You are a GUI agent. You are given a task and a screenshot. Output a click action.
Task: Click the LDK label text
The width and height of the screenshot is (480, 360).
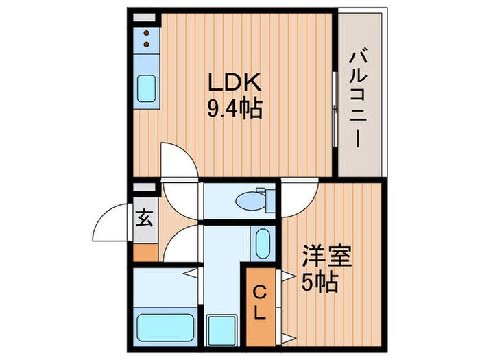[x=234, y=83]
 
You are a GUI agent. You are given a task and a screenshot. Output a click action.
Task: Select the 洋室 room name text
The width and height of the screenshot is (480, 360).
[x=328, y=258]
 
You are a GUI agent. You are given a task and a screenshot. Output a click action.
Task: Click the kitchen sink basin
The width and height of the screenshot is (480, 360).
[x=147, y=88]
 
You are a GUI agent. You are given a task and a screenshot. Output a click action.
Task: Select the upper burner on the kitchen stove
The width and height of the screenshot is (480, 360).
[x=146, y=34]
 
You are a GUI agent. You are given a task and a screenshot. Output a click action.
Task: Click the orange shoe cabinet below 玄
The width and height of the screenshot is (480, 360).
[x=145, y=252]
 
